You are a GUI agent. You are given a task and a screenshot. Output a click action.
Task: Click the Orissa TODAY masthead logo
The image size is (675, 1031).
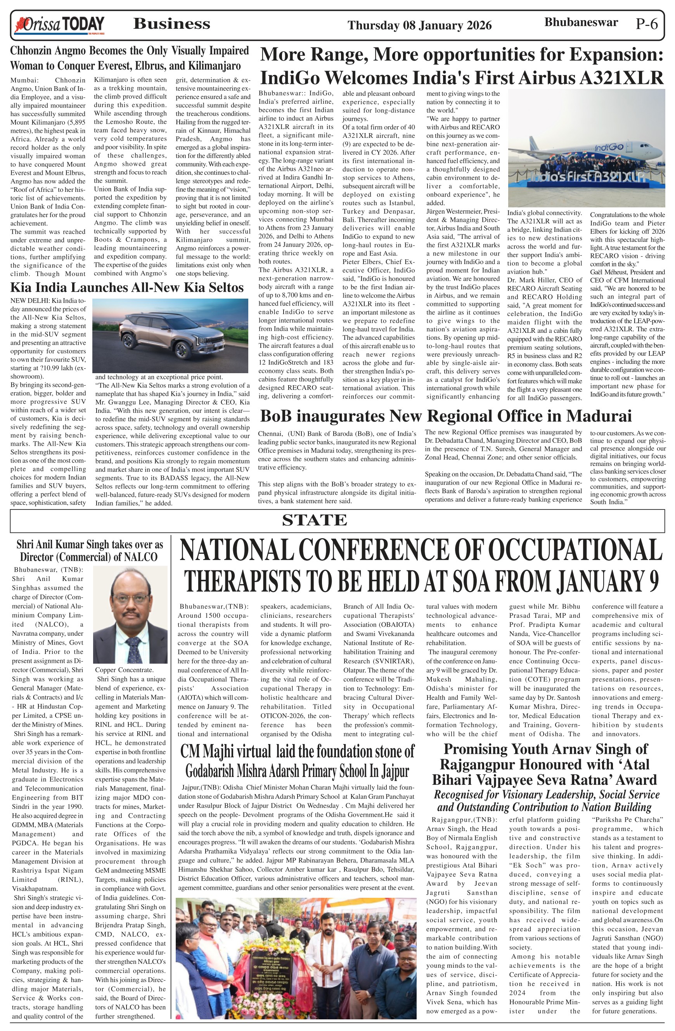tap(60, 25)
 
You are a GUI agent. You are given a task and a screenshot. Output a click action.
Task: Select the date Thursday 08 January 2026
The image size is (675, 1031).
tap(419, 26)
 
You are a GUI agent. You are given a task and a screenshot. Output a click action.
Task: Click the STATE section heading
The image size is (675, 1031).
tap(315, 520)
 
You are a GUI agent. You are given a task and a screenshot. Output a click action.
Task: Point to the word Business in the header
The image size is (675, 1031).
tap(172, 23)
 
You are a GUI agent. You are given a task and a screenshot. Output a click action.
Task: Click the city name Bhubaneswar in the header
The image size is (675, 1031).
tap(581, 22)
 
